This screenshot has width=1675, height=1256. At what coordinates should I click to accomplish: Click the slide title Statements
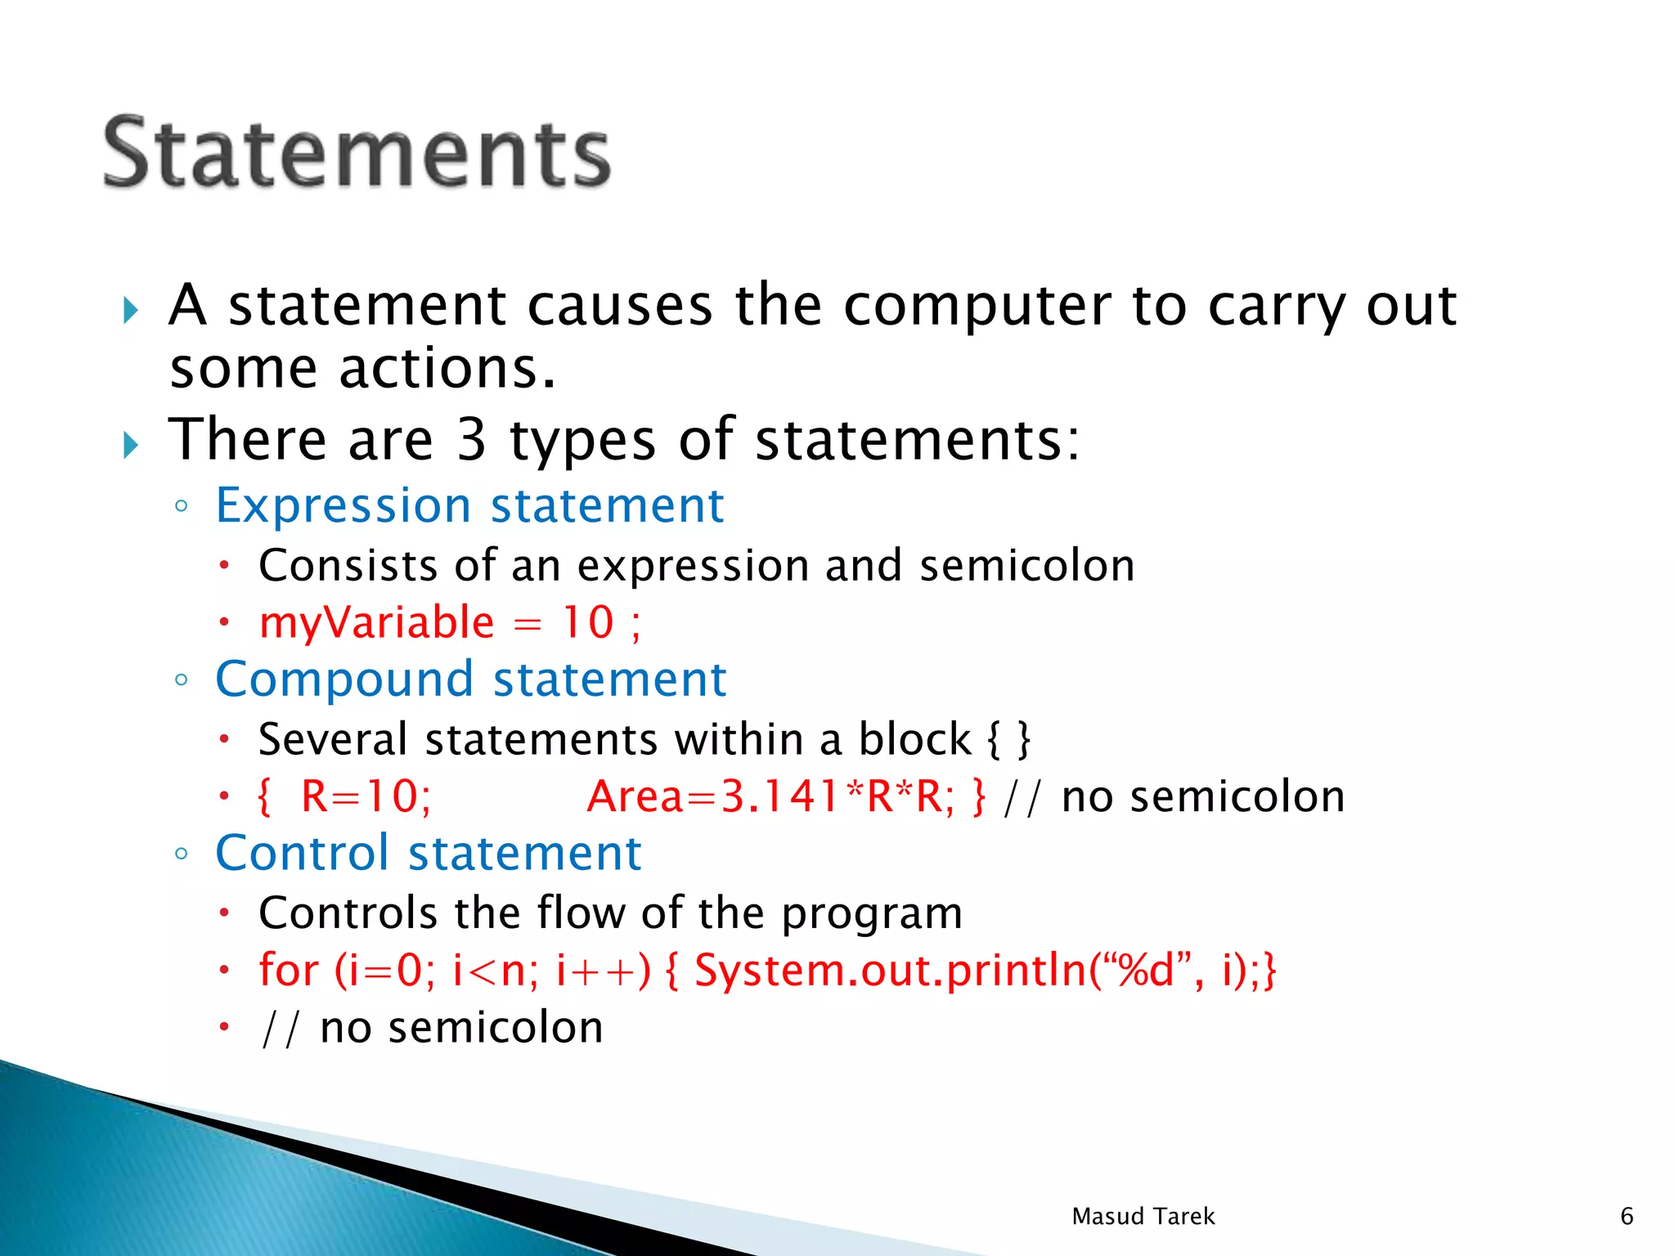[x=357, y=152]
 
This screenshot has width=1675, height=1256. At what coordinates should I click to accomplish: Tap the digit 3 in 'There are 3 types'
[x=471, y=440]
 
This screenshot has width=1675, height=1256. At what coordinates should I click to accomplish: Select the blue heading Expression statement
[x=469, y=505]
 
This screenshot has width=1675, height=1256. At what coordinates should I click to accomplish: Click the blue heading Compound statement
[x=470, y=680]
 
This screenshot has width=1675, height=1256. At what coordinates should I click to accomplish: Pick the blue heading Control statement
[x=428, y=854]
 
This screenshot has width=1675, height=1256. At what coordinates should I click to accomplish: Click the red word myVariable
[x=376, y=623]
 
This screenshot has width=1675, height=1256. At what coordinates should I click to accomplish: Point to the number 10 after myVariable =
[x=587, y=623]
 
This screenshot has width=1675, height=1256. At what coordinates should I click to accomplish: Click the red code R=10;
[x=366, y=796]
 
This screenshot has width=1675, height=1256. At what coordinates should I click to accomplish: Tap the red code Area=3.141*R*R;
[x=770, y=796]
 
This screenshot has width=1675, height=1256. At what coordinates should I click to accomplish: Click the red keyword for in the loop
[x=288, y=971]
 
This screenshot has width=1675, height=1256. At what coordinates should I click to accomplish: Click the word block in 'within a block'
[x=914, y=740]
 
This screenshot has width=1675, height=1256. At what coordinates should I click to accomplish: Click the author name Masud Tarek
[x=1143, y=1217]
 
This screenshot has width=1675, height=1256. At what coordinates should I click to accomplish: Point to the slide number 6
[x=1626, y=1217]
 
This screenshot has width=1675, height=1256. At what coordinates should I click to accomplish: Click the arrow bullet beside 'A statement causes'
[x=131, y=311]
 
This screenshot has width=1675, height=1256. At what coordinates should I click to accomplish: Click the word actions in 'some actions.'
[x=447, y=369]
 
